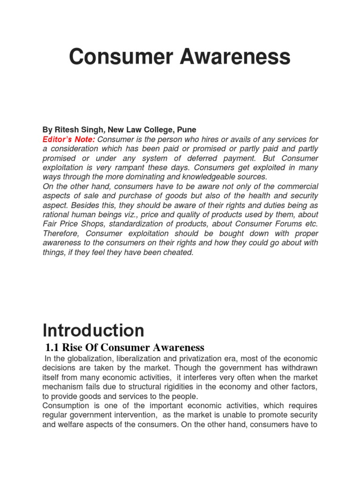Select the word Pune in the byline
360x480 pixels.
[x=187, y=129]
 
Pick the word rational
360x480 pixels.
[x=57, y=215]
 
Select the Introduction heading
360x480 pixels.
[x=93, y=330]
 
